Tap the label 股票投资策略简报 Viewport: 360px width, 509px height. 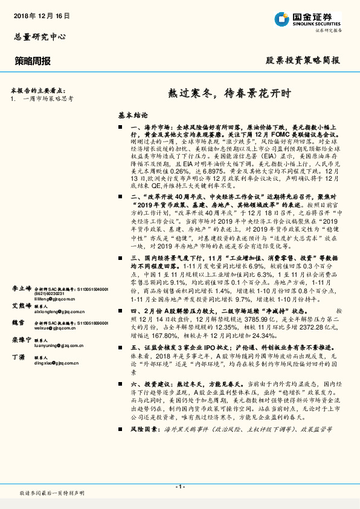click(303, 60)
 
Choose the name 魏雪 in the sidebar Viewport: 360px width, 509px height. click(18, 324)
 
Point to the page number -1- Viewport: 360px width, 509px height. click(179, 487)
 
